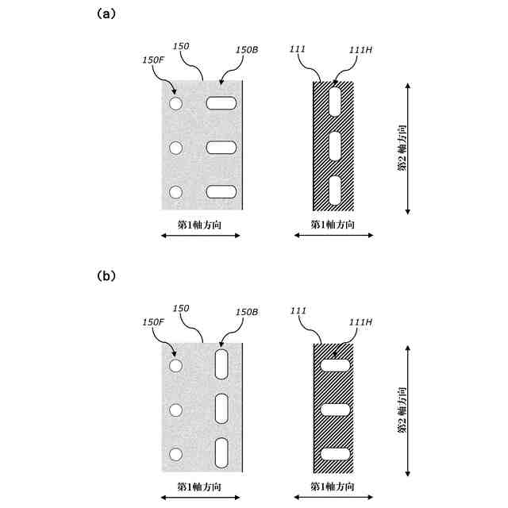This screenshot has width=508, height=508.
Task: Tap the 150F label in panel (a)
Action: tap(153, 59)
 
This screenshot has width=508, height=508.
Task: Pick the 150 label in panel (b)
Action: tap(180, 308)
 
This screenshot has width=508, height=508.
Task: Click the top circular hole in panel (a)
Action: tap(175, 103)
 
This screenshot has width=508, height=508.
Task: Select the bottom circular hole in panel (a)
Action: tap(175, 191)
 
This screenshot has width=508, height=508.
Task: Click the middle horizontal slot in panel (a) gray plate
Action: tap(221, 147)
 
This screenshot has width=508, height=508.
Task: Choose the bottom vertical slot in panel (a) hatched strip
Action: tap(334, 190)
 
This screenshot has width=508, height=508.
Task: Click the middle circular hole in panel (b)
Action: tap(175, 410)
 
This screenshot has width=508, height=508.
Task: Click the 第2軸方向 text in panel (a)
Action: tap(402, 148)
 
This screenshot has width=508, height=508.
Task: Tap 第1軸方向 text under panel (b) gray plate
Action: tap(198, 486)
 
